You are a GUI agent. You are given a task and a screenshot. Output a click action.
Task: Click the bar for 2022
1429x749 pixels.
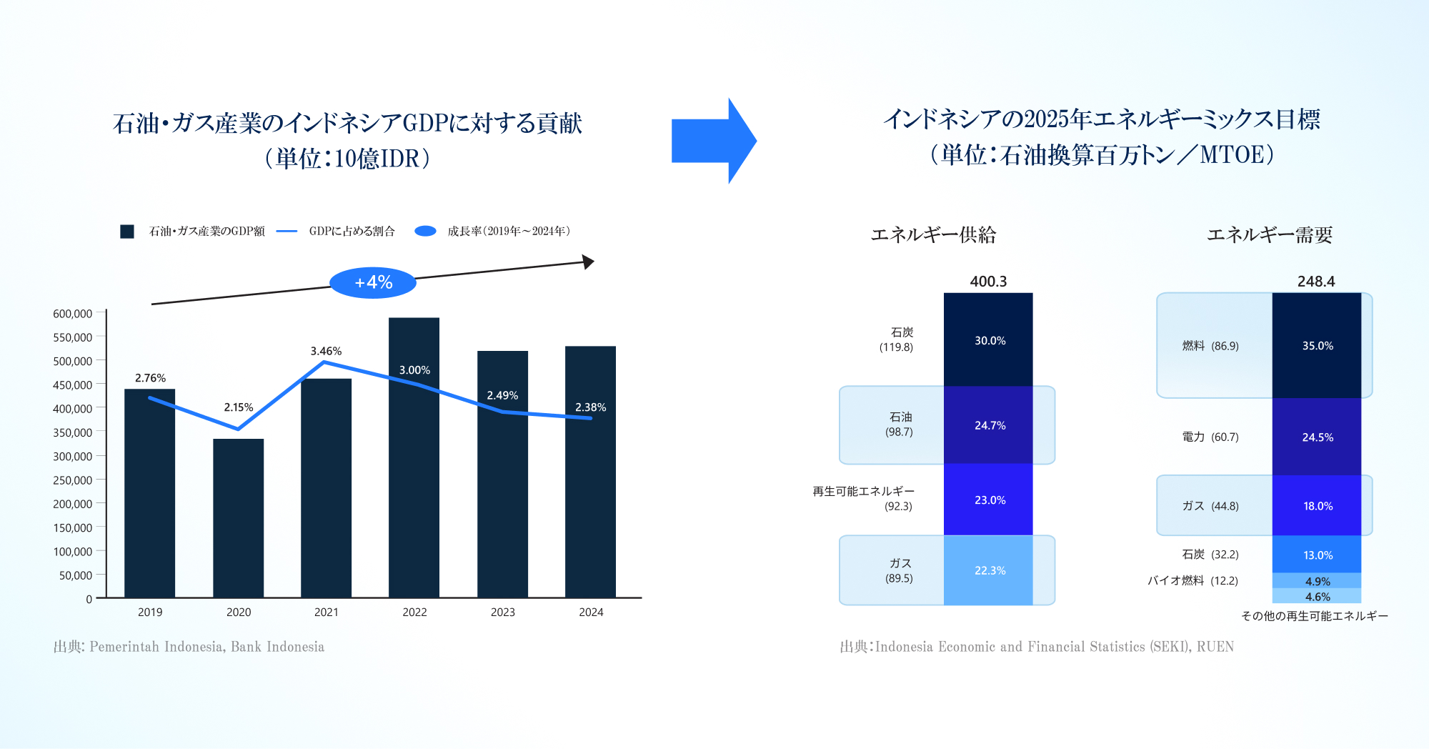[414, 457]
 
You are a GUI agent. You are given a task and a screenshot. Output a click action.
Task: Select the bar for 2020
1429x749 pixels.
[238, 517]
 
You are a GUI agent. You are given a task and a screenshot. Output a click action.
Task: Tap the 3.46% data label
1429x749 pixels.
[326, 351]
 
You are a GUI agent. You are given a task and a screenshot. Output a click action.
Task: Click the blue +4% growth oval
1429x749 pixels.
[373, 283]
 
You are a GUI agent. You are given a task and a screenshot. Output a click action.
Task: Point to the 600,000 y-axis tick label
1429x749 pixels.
[72, 314]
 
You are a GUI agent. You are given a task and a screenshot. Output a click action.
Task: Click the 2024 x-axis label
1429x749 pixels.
[591, 612]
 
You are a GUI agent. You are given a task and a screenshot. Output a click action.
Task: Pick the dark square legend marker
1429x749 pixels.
[127, 232]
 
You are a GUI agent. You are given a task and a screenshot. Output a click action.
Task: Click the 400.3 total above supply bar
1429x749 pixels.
[988, 282]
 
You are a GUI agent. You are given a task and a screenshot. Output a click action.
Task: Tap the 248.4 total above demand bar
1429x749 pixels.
[1316, 282]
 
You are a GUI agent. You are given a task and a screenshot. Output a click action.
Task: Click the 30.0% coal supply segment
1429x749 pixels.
[989, 340]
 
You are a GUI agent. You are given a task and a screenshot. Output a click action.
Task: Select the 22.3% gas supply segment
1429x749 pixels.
[989, 570]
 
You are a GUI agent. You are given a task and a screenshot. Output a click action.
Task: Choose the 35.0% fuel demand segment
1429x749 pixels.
[1317, 345]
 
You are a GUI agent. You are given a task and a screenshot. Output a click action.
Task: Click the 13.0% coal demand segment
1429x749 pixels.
[1317, 555]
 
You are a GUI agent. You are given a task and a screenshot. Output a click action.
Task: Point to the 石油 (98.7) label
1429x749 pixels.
[900, 425]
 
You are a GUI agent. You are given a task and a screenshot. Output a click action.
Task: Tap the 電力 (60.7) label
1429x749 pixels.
[1210, 437]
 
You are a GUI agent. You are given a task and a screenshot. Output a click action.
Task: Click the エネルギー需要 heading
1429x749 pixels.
[1269, 235]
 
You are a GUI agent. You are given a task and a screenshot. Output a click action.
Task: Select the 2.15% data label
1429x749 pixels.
[238, 407]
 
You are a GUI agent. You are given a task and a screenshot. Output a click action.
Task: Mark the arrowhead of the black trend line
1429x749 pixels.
[589, 262]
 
